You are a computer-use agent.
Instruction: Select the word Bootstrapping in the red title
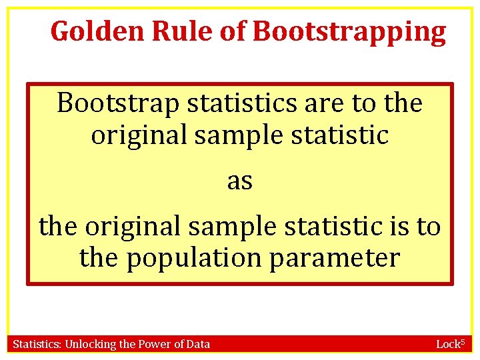pos(349,31)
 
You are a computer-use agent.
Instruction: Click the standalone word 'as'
pos(240,181)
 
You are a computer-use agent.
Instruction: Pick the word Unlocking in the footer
pos(91,344)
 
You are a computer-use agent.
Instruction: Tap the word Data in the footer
pos(197,344)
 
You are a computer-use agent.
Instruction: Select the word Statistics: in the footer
pos(37,344)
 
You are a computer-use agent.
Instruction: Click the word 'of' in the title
pos(233,31)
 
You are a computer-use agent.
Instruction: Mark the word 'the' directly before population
pos(99,257)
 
